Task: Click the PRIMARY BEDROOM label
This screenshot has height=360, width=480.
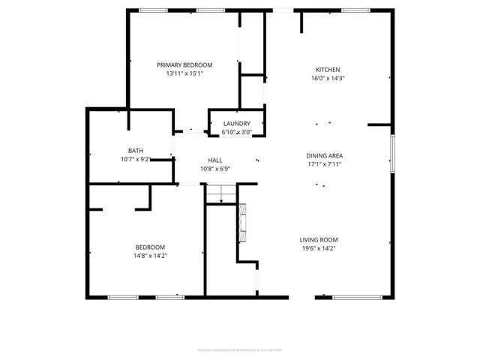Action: (x=184, y=64)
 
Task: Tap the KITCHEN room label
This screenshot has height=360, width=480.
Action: (x=328, y=69)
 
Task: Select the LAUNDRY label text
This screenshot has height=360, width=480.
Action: (x=236, y=124)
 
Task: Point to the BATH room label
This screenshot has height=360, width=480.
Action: (x=136, y=150)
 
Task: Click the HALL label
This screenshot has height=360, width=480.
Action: (x=214, y=160)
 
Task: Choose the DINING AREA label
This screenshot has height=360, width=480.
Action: (x=325, y=155)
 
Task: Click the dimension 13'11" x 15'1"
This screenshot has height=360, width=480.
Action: (x=184, y=73)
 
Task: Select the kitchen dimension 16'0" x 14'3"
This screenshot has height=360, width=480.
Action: (x=328, y=78)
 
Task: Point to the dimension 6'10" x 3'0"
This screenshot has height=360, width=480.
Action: (x=236, y=132)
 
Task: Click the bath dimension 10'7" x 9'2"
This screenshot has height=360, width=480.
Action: (x=136, y=158)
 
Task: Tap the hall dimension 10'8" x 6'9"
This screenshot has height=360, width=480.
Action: (x=214, y=169)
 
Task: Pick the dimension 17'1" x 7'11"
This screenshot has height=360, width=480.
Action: (x=325, y=164)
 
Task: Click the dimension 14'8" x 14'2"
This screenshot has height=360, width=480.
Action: (x=150, y=256)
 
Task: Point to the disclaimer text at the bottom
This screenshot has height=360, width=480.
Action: (x=239, y=349)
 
